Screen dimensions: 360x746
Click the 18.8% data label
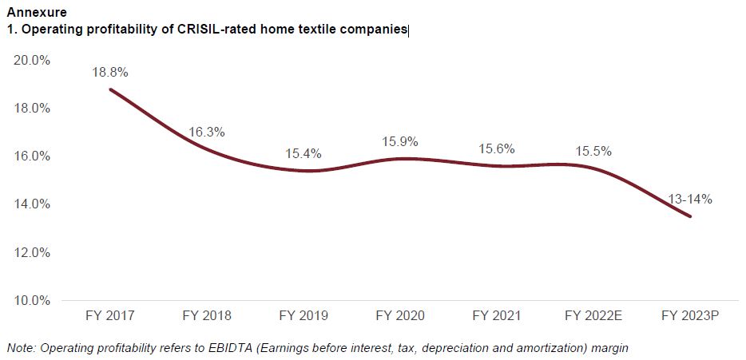click(x=109, y=72)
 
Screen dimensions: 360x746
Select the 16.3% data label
click(x=207, y=132)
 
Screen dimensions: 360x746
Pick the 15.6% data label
click(x=497, y=148)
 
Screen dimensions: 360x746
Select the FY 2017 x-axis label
click(x=109, y=315)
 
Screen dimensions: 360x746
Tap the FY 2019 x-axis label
click(x=304, y=315)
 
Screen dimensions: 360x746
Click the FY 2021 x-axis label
click(x=497, y=315)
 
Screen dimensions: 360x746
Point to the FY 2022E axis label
click(x=593, y=315)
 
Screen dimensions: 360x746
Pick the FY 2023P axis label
click(x=690, y=315)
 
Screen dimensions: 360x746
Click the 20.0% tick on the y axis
click(x=32, y=61)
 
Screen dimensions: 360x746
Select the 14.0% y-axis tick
click(x=32, y=204)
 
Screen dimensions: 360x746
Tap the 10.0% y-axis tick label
click(x=32, y=301)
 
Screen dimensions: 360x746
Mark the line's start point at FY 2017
click(x=110, y=89)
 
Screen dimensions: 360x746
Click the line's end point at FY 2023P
click(x=690, y=216)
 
